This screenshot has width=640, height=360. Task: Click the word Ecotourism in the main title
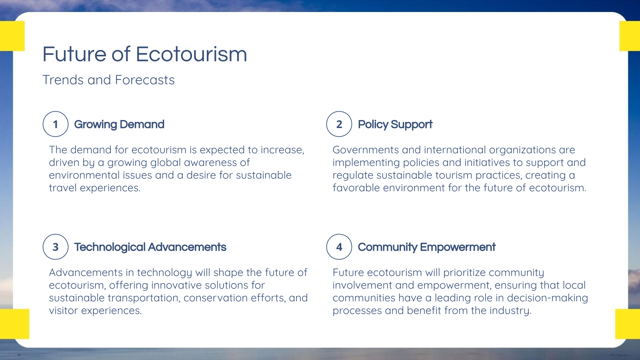pos(191,54)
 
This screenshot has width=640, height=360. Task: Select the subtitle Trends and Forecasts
pos(108,80)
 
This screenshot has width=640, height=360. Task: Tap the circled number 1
pos(56,124)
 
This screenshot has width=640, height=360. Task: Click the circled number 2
pos(339,124)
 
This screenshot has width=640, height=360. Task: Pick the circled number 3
pos(56,247)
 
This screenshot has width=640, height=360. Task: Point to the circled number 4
pos(339,247)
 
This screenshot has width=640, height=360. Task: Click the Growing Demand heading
pos(119,124)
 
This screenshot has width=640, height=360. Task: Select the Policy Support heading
pos(395,124)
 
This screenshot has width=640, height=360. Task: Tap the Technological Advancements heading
pos(150,247)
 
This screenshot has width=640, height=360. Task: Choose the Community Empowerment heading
pos(426,247)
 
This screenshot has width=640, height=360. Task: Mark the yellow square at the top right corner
pos(630,36)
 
